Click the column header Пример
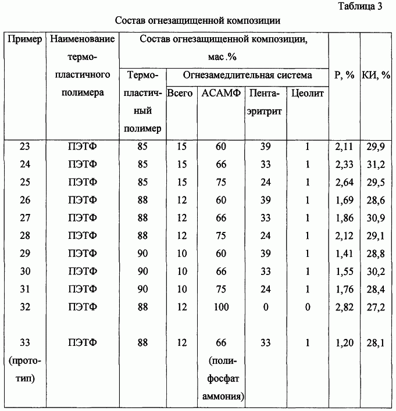[25, 40]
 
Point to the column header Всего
[180, 93]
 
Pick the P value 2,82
[344, 307]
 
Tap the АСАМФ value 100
[220, 307]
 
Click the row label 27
[25, 218]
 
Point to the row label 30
[25, 271]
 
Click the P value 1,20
[344, 343]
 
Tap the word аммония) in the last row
[223, 396]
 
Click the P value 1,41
[344, 253]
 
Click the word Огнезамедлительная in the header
[221, 75]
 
